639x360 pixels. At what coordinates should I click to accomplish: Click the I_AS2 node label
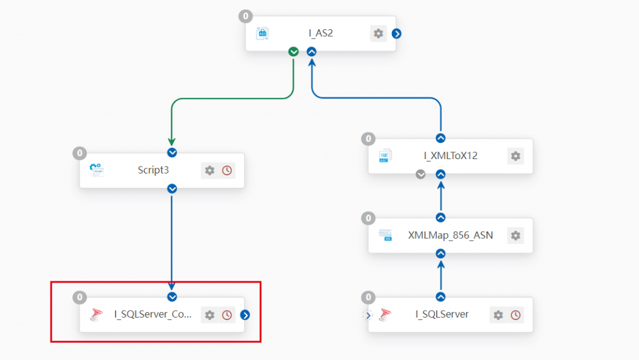click(x=321, y=33)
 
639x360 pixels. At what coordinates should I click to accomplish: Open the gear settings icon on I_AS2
click(x=378, y=34)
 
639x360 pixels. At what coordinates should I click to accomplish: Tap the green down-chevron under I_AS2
click(x=293, y=52)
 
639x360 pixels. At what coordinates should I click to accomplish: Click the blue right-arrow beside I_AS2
click(x=396, y=34)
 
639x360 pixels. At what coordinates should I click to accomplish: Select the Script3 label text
click(x=154, y=170)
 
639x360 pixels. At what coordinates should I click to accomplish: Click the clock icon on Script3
click(x=227, y=170)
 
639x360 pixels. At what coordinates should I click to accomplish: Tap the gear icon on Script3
click(x=210, y=170)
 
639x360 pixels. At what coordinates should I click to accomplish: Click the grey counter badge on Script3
click(x=79, y=153)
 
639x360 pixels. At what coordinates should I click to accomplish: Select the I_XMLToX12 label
click(x=451, y=155)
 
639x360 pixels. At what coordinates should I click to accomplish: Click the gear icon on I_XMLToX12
click(x=515, y=156)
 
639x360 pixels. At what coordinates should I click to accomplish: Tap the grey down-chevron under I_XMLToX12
click(x=421, y=174)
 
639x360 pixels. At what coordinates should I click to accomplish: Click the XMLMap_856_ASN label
click(x=451, y=235)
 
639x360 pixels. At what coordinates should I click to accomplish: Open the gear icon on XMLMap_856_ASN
click(x=515, y=235)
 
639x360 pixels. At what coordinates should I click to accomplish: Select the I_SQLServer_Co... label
click(x=153, y=314)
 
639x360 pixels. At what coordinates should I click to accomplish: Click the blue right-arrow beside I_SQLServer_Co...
click(x=245, y=315)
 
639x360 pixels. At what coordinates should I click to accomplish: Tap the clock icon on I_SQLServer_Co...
click(x=227, y=315)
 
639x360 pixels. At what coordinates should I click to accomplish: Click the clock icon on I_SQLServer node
click(x=515, y=315)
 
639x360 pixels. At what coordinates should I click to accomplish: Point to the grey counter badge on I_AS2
click(x=245, y=16)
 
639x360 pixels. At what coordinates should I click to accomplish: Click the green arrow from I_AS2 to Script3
click(x=232, y=99)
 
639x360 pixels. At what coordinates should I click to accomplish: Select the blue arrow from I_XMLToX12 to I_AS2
click(x=375, y=98)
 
